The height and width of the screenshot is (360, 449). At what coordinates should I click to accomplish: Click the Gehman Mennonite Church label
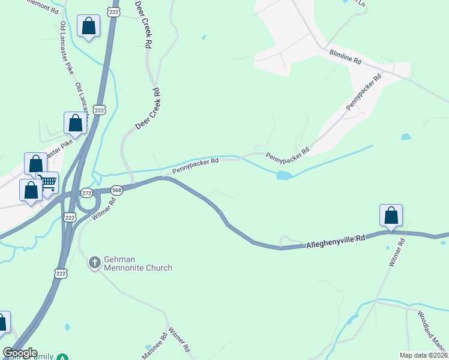pyautogui.click(x=137, y=263)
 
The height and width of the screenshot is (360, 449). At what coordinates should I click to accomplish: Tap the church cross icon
pyautogui.click(x=94, y=262)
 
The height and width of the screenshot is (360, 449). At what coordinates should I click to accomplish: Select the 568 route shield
pyautogui.click(x=116, y=190)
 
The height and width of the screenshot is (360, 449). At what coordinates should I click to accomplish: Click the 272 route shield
pyautogui.click(x=88, y=193)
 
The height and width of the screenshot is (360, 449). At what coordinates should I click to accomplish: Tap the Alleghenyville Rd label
pyautogui.click(x=336, y=242)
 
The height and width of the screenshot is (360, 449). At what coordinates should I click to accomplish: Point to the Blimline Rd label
pyautogui.click(x=345, y=57)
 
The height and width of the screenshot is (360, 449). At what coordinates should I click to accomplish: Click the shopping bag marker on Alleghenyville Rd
pyautogui.click(x=391, y=215)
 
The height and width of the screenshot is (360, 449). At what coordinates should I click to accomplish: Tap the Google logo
pyautogui.click(x=20, y=353)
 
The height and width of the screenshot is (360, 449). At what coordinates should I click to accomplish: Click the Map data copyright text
pyautogui.click(x=423, y=355)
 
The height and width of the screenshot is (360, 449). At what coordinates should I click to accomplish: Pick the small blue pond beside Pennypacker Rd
pyautogui.click(x=284, y=175)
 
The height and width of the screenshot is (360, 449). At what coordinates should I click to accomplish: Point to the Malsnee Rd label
pyautogui.click(x=152, y=346)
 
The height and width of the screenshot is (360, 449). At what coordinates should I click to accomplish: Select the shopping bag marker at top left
pyautogui.click(x=88, y=26)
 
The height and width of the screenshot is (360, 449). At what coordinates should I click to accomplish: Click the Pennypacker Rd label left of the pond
pyautogui.click(x=195, y=165)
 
